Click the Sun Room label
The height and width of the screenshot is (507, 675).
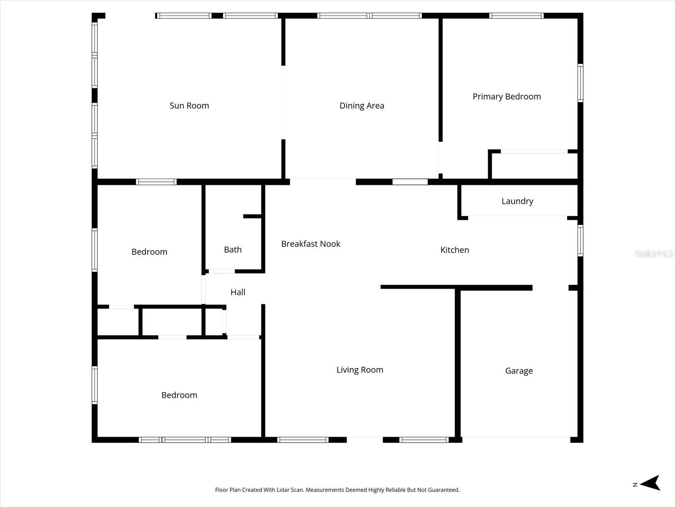click(x=189, y=106)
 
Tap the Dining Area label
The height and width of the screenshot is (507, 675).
click(x=362, y=106)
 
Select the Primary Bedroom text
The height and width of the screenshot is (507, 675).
click(x=506, y=96)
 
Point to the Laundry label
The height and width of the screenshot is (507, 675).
click(x=517, y=201)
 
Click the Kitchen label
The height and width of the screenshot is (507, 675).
click(x=454, y=250)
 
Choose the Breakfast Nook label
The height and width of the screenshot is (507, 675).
click(x=310, y=244)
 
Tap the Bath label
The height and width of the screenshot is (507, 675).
click(x=232, y=250)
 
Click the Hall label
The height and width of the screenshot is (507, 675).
click(x=238, y=292)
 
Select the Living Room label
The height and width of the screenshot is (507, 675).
click(x=359, y=370)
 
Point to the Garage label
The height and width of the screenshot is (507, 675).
click(x=518, y=371)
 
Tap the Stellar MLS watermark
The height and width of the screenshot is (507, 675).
click(x=653, y=253)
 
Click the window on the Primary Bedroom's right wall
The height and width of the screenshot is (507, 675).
click(x=580, y=83)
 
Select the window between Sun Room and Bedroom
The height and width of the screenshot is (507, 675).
click(x=156, y=182)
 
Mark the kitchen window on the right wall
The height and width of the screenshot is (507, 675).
click(x=580, y=241)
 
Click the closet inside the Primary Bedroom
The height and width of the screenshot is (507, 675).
click(x=534, y=166)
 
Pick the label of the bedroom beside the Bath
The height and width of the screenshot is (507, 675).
click(x=149, y=252)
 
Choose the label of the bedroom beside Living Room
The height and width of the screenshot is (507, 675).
click(x=179, y=395)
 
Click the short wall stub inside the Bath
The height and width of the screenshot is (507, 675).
click(x=252, y=216)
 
